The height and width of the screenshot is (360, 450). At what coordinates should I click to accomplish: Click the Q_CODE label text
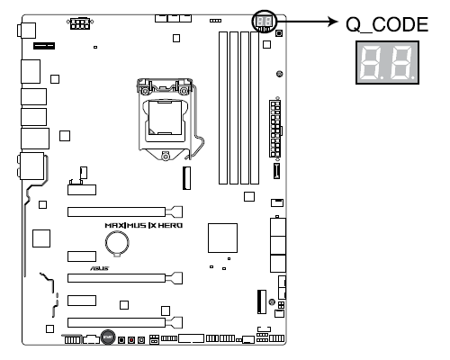[387, 24]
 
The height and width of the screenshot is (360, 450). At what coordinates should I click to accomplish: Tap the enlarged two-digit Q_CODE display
[387, 62]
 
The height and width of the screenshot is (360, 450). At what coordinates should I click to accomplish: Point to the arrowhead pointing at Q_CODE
[333, 22]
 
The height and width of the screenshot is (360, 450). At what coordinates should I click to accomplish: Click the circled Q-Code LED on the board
[264, 22]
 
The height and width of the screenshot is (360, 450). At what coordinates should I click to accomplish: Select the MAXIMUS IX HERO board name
[144, 225]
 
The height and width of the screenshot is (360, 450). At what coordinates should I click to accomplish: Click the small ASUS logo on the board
[100, 268]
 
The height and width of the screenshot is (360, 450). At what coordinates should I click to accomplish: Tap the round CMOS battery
[117, 243]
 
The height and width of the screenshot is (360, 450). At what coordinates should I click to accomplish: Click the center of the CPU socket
[165, 118]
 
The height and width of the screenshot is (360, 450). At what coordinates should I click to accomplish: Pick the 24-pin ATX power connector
[275, 129]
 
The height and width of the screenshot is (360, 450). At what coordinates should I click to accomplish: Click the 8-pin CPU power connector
[80, 23]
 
